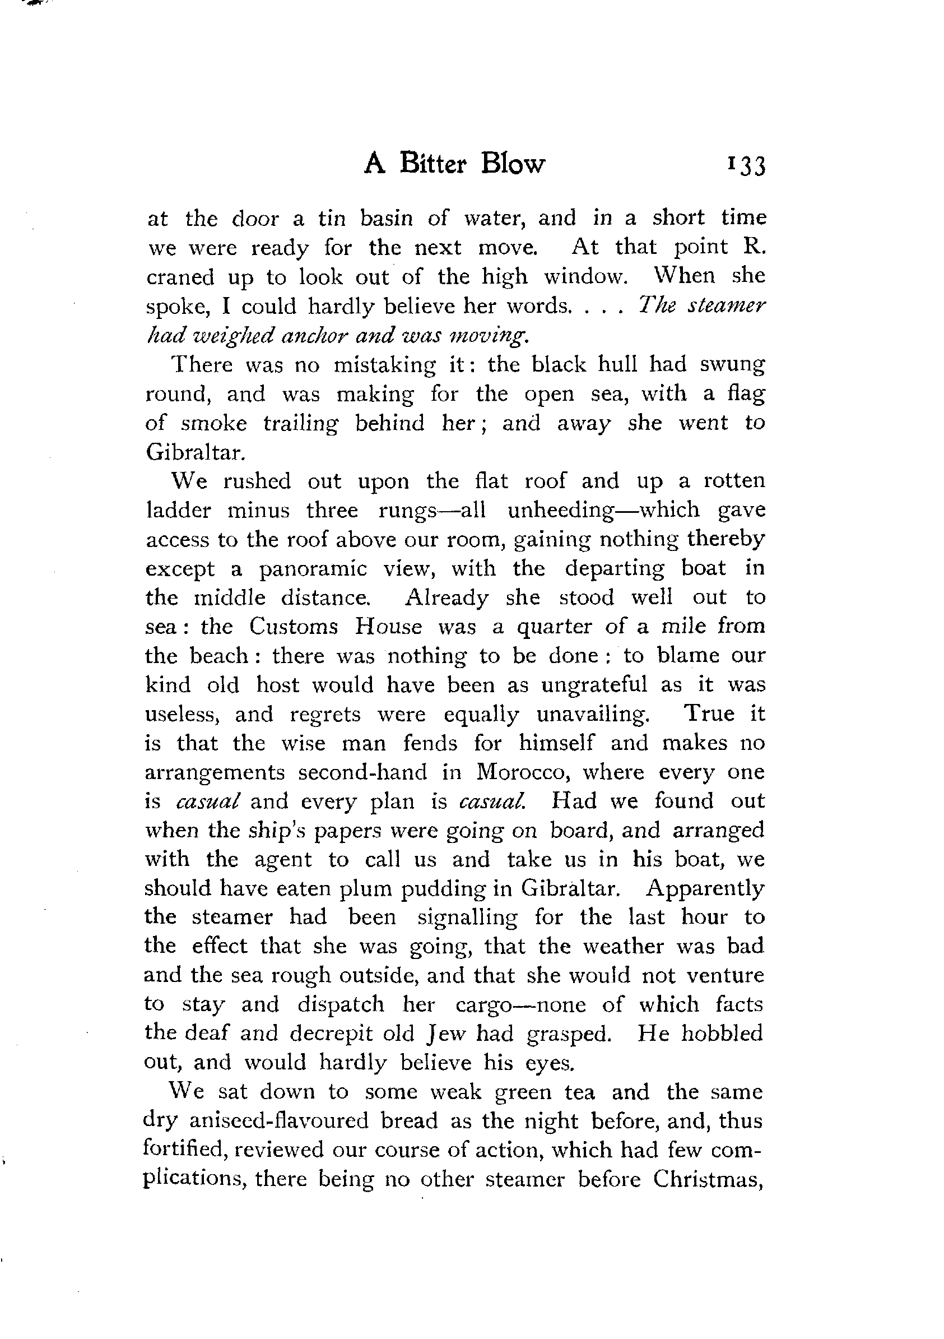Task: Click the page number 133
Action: [x=746, y=166]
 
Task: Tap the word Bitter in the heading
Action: [x=433, y=164]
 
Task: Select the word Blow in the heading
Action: [x=513, y=164]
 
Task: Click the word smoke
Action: [x=213, y=423]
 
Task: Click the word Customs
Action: [x=295, y=627]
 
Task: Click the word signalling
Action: [x=467, y=918]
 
